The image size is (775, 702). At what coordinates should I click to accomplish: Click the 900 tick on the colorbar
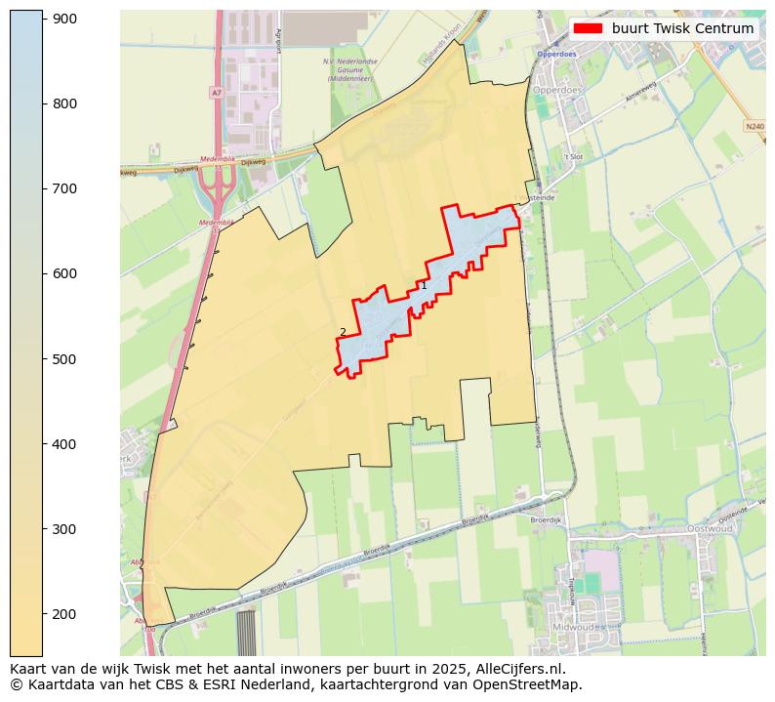[x=43, y=19]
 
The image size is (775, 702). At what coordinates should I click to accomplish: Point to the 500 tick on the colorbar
[x=43, y=359]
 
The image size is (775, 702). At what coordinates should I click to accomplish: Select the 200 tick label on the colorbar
[x=64, y=614]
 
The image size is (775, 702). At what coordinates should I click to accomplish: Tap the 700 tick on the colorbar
[x=43, y=188]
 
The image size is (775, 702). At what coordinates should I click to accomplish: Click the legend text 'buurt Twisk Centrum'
[x=682, y=28]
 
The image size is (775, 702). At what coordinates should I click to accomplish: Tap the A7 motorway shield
[x=216, y=92]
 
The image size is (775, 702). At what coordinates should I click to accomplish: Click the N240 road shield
[x=754, y=126]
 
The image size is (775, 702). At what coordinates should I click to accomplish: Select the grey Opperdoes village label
[x=557, y=90]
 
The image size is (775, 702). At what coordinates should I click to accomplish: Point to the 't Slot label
[x=572, y=156]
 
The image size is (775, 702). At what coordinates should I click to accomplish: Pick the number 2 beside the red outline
[x=343, y=332]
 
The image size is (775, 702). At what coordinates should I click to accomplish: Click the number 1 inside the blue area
[x=423, y=286]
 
